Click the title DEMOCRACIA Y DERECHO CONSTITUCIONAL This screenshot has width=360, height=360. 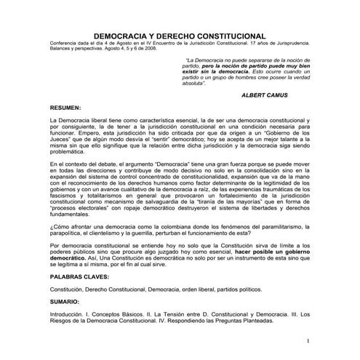pyautogui.click(x=180, y=35)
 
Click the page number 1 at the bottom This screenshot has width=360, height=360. pyautogui.click(x=308, y=340)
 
